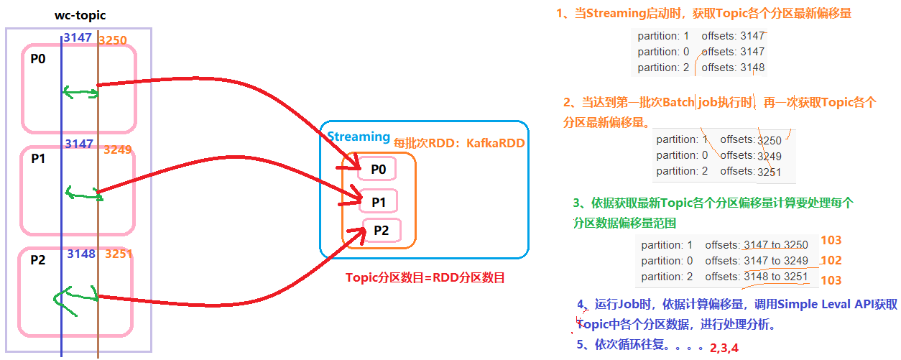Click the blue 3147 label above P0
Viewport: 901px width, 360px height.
pos(78,37)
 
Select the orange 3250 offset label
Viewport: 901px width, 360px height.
pos(112,40)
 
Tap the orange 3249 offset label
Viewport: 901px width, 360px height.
pos(118,150)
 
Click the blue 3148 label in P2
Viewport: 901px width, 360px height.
pos(81,254)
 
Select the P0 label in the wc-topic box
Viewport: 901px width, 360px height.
pos(38,60)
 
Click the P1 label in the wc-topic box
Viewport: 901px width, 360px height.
pos(39,160)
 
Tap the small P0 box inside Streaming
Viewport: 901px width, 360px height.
pos(378,170)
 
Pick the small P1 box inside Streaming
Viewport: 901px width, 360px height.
pos(379,203)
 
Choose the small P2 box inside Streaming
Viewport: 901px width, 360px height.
pos(381,231)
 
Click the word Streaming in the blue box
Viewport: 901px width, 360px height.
pos(359,137)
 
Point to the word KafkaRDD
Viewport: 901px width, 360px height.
pos(496,143)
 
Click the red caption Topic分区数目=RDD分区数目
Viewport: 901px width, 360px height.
pos(425,277)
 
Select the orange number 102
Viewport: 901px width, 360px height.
pos(831,261)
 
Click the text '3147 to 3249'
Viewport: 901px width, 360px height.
pos(776,261)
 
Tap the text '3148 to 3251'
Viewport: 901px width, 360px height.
pos(776,277)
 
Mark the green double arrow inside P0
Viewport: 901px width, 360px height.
pos(80,93)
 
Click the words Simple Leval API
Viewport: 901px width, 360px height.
pos(804,305)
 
